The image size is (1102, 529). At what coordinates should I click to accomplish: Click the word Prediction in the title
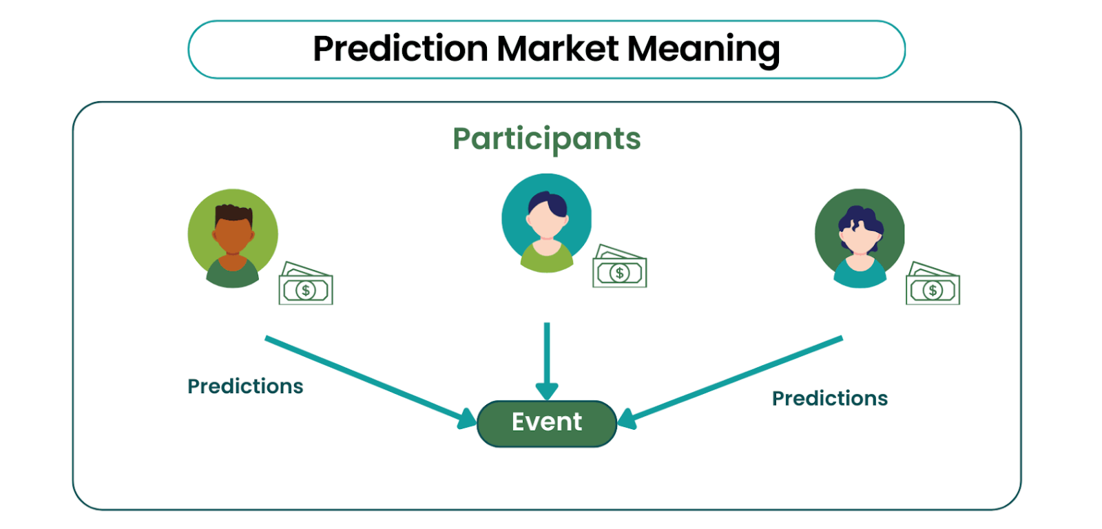point(400,49)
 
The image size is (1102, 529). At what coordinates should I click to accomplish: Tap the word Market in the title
point(557,49)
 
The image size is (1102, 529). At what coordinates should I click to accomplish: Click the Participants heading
point(547,140)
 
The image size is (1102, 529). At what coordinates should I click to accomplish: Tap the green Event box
point(547,424)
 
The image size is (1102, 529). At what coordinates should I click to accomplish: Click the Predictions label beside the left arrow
point(245,386)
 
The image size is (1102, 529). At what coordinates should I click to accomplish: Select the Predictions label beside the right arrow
point(829,399)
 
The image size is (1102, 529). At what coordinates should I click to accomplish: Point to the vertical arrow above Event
point(547,361)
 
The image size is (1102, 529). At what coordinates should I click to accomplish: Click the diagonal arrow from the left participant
point(371,382)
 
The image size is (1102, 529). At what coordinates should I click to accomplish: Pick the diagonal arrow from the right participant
point(730,382)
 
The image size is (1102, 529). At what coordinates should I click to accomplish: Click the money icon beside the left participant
point(306,284)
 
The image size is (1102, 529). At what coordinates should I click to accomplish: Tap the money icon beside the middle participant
point(619,266)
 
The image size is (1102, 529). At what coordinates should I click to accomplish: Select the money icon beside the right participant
point(933,284)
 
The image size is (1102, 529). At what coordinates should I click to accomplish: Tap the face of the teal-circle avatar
point(547,220)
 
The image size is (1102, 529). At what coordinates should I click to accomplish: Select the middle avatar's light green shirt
point(547,258)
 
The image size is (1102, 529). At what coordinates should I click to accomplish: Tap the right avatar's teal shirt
point(860,273)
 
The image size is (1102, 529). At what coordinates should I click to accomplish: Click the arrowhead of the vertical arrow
point(547,392)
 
